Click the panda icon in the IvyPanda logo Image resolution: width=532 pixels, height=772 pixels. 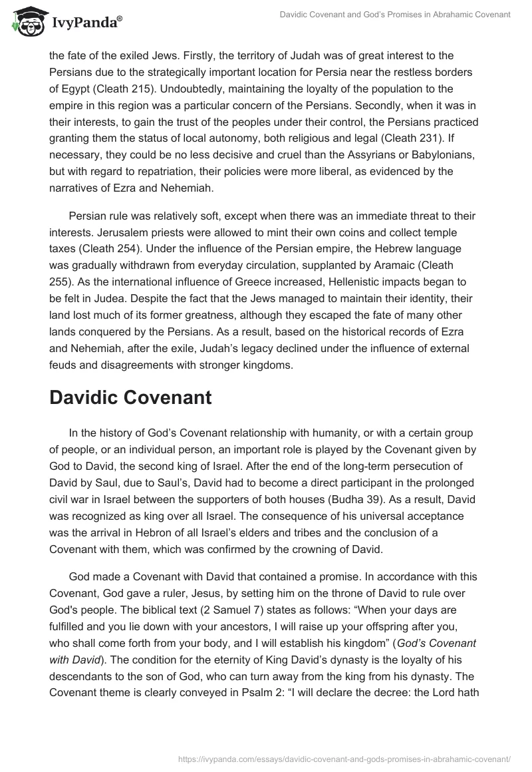click(25, 21)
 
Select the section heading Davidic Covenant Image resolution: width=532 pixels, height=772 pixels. click(130, 398)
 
